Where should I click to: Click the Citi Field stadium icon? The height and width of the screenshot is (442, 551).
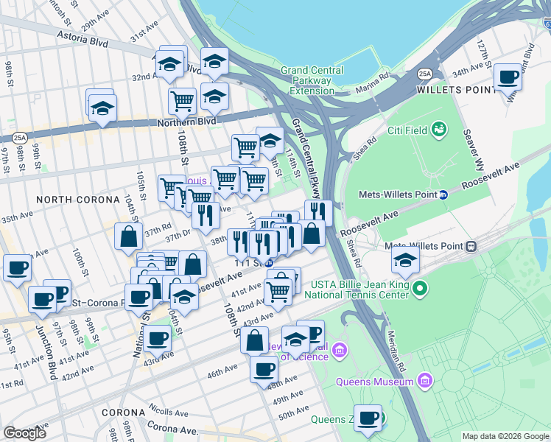[x=440, y=130]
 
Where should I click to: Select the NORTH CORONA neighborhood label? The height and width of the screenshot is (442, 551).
[x=77, y=200]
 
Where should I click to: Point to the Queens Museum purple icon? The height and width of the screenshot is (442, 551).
[x=424, y=381]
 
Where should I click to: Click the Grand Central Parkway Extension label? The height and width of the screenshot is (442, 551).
[x=312, y=81]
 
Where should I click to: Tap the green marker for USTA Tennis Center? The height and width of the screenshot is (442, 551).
[x=419, y=287]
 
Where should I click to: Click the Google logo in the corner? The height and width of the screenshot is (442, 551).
[x=25, y=432]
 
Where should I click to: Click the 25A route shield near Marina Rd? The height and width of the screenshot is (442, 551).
[x=424, y=74]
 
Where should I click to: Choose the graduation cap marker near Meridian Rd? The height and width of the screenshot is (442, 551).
[x=404, y=259]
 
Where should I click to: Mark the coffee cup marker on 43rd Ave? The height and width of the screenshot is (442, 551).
[x=157, y=338]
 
